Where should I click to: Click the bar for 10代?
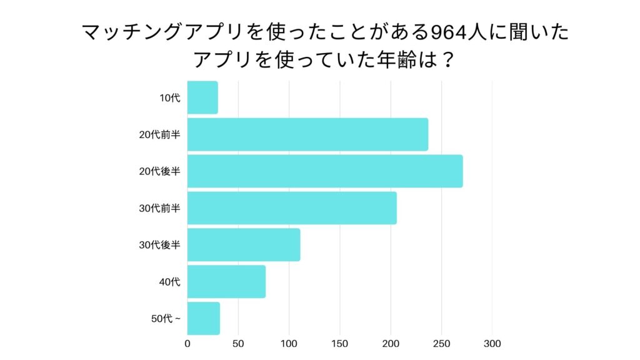pyautogui.click(x=202, y=97)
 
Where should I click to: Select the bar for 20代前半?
pyautogui.click(x=307, y=134)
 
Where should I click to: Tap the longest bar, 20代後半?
pyautogui.click(x=325, y=171)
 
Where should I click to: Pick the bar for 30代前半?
pyautogui.click(x=292, y=208)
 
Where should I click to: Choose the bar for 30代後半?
pyautogui.click(x=244, y=245)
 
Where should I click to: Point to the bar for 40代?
pyautogui.click(x=226, y=282)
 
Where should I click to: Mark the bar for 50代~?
pyautogui.click(x=204, y=319)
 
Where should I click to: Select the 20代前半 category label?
pyautogui.click(x=160, y=134)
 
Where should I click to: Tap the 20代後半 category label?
pyautogui.click(x=160, y=171)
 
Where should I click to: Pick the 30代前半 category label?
pyautogui.click(x=160, y=208)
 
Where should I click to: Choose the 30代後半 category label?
pyautogui.click(x=160, y=245)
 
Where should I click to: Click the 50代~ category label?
pyautogui.click(x=166, y=319)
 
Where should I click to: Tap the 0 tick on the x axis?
pyautogui.click(x=187, y=344)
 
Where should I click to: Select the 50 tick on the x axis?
pyautogui.click(x=238, y=344)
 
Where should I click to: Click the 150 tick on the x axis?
pyautogui.click(x=340, y=344)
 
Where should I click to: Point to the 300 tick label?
pyautogui.click(x=492, y=344)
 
